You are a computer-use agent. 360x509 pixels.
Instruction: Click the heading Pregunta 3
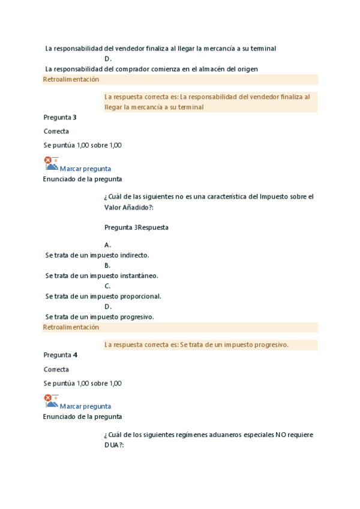coord(60,118)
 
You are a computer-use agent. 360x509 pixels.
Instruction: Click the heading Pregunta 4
coord(60,355)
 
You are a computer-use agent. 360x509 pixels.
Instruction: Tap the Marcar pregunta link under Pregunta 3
coord(85,169)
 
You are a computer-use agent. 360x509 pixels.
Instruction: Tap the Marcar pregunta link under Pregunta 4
coord(85,406)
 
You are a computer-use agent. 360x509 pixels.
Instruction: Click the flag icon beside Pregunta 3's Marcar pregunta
coord(51,163)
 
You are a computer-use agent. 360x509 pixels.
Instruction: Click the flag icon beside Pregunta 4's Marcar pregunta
coord(51,401)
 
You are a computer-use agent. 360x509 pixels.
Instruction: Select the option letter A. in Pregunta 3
coord(107,245)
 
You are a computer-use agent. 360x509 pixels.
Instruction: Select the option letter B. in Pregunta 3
coord(107,265)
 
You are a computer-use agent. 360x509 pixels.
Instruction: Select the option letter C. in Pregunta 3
coord(107,286)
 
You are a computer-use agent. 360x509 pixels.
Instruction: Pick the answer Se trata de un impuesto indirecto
coord(97,255)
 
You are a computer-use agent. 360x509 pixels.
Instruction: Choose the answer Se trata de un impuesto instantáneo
coord(101,276)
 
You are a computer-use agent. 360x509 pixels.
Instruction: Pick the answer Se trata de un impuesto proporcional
coord(103,297)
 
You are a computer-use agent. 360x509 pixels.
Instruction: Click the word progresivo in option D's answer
coord(137,317)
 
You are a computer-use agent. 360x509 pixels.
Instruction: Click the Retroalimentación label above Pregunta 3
coord(71,79)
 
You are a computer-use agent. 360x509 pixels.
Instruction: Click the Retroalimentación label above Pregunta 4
coord(71,327)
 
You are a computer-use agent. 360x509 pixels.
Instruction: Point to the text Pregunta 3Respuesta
coord(136,227)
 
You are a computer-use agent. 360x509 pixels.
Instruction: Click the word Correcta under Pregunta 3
coord(56,131)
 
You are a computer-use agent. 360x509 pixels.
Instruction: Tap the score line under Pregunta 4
coord(82,384)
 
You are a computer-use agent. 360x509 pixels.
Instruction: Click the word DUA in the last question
coord(112,445)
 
